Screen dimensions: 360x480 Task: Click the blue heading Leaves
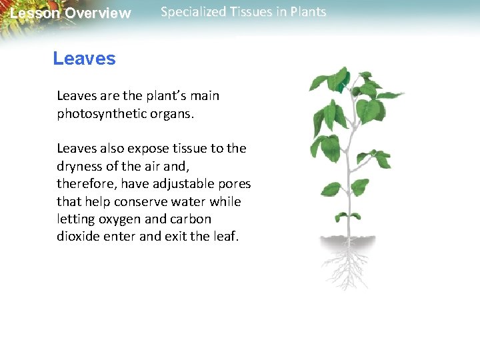coord(84,59)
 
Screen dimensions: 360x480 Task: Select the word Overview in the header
coord(98,13)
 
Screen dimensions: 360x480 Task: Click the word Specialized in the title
coord(194,12)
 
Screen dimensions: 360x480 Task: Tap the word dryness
coord(79,166)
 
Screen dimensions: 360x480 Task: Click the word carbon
coord(191,219)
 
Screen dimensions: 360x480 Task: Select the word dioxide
coord(77,237)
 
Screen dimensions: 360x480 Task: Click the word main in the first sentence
coord(205,95)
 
